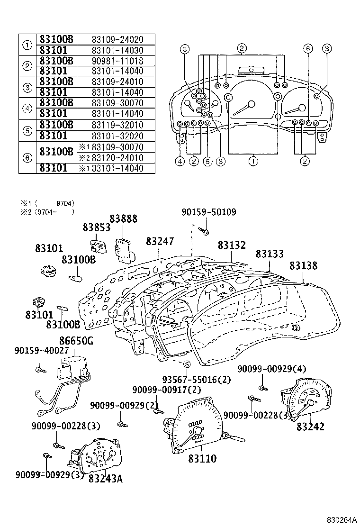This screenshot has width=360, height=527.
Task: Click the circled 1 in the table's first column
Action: pyautogui.click(x=27, y=45)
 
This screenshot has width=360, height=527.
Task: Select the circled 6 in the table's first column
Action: pyautogui.click(x=27, y=157)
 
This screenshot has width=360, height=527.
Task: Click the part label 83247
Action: pyautogui.click(x=160, y=241)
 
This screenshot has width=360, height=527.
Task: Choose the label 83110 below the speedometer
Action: pyautogui.click(x=202, y=459)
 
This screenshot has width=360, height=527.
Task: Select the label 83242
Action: pyautogui.click(x=311, y=427)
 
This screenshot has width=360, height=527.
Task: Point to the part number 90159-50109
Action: pyautogui.click(x=208, y=212)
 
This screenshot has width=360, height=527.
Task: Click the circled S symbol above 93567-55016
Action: pyautogui.click(x=187, y=364)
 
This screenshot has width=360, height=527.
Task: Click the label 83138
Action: pyautogui.click(x=304, y=266)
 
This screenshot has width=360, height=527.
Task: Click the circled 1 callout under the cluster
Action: pyautogui.click(x=253, y=161)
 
